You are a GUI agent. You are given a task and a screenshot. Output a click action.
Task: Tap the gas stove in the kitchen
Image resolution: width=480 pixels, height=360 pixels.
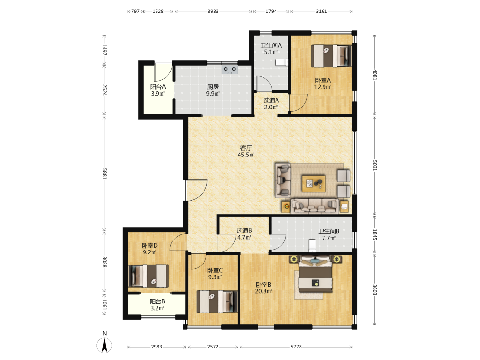229,70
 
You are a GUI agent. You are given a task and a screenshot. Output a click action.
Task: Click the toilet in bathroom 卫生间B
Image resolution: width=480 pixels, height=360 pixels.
312,246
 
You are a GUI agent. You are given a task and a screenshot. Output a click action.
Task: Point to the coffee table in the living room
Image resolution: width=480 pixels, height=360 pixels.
314,184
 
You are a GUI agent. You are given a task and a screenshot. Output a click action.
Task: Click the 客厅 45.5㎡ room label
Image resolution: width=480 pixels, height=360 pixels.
246,151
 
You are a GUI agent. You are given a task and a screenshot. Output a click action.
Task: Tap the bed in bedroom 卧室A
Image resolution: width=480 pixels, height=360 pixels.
331,56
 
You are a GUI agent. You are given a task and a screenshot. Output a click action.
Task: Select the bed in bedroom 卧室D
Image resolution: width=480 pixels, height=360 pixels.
148,276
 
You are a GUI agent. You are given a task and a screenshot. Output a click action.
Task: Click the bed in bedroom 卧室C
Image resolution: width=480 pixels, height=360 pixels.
217,302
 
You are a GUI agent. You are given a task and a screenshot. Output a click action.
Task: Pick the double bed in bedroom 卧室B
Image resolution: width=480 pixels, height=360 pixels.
315,274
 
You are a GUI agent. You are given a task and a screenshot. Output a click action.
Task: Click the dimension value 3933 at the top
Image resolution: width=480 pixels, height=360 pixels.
213,12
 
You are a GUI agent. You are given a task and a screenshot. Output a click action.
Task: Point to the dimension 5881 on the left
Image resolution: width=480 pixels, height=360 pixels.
104,173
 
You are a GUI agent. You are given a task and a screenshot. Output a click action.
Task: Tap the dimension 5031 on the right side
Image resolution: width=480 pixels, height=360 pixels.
375,165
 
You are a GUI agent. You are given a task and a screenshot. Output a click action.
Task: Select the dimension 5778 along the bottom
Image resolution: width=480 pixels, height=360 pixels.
296,347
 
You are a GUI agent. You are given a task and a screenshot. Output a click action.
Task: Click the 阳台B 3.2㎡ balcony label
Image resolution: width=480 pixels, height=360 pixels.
157,305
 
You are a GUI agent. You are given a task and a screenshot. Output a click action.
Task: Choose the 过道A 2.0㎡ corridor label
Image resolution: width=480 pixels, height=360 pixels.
271,104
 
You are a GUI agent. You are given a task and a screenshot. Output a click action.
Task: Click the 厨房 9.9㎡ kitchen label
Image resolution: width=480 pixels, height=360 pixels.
213,90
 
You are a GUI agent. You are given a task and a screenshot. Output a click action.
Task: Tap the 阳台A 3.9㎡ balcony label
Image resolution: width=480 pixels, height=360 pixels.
158,90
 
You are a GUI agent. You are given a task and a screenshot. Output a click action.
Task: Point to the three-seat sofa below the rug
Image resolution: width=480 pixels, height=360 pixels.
315,206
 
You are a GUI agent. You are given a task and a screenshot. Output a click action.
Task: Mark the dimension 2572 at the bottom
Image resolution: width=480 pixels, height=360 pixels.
213,347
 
